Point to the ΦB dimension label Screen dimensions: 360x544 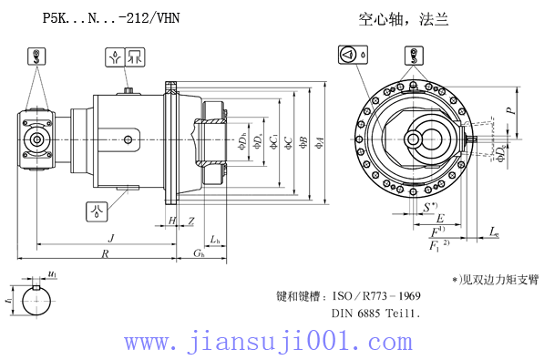303,141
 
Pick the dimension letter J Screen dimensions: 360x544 110,237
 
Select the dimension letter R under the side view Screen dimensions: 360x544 106,254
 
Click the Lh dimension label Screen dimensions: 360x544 214,239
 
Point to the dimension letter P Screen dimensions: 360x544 509,108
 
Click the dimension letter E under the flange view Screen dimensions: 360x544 440,220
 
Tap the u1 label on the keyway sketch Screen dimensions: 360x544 52,274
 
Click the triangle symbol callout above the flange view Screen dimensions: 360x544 352,55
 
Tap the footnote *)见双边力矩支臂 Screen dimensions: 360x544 495,279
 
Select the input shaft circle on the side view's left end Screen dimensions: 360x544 37,139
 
